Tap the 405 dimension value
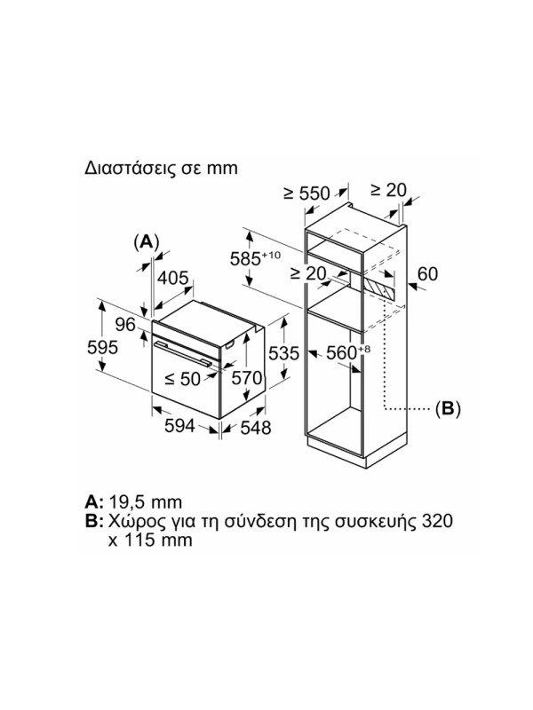(172, 278)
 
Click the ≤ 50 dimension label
(182, 379)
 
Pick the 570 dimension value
(246, 379)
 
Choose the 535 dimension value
(283, 352)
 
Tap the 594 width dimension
(180, 425)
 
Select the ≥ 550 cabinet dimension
(306, 193)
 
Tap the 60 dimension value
(427, 273)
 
